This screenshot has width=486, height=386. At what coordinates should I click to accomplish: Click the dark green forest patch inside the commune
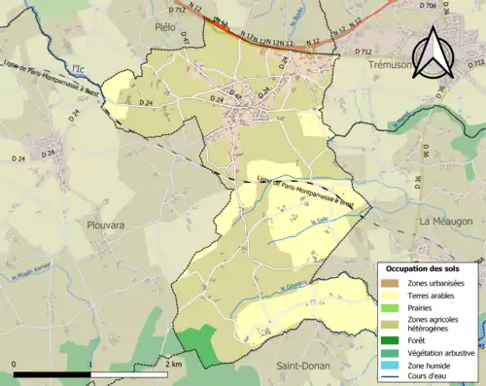tap(197, 342)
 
